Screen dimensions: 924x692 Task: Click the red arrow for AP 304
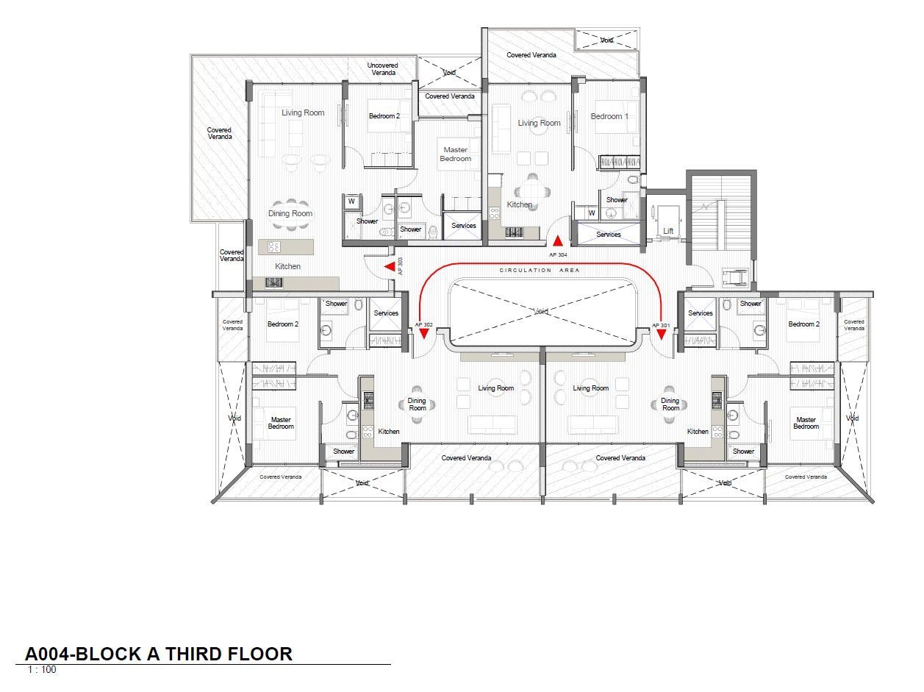[557, 240]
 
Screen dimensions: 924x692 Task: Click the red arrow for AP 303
[390, 266]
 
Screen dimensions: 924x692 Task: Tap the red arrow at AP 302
[424, 334]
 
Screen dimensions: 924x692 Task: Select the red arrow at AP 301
[662, 334]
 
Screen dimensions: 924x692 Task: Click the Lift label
[668, 231]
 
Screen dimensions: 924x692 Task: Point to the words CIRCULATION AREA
[540, 270]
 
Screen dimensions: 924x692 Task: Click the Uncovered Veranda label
[383, 69]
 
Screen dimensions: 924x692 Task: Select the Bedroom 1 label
[609, 116]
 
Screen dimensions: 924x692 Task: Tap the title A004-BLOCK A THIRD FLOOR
[159, 654]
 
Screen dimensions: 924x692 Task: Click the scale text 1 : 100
[42, 670]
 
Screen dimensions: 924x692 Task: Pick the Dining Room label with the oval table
[290, 213]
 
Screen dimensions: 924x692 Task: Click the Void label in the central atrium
[541, 312]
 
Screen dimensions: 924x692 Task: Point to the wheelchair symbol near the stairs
[735, 278]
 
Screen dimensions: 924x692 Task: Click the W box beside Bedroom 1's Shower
[592, 213]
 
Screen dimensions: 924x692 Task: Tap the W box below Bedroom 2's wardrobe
[351, 201]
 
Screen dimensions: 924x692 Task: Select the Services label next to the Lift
[609, 235]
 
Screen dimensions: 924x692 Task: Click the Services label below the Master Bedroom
[464, 226]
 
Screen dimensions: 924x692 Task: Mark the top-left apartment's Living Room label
[303, 113]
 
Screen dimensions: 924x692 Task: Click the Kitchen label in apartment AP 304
[520, 204]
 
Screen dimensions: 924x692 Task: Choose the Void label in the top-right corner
[606, 40]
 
